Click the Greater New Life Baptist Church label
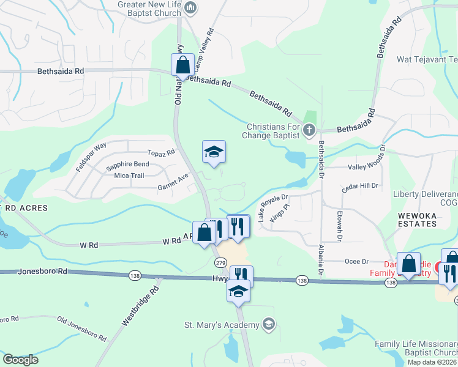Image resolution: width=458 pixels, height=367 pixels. [150, 9]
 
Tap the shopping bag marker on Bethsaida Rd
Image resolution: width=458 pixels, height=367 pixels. [182, 65]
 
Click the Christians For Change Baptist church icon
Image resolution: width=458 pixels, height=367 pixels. [309, 129]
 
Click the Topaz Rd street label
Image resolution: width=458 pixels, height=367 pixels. [161, 152]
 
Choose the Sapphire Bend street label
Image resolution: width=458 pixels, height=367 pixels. [127, 165]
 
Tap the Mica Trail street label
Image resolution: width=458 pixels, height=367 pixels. [129, 176]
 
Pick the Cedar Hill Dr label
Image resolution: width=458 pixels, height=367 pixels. [361, 188]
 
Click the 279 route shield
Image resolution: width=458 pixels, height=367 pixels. [220, 262]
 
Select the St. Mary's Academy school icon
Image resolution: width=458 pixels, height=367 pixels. [268, 324]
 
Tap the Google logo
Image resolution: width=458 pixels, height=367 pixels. [20, 360]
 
